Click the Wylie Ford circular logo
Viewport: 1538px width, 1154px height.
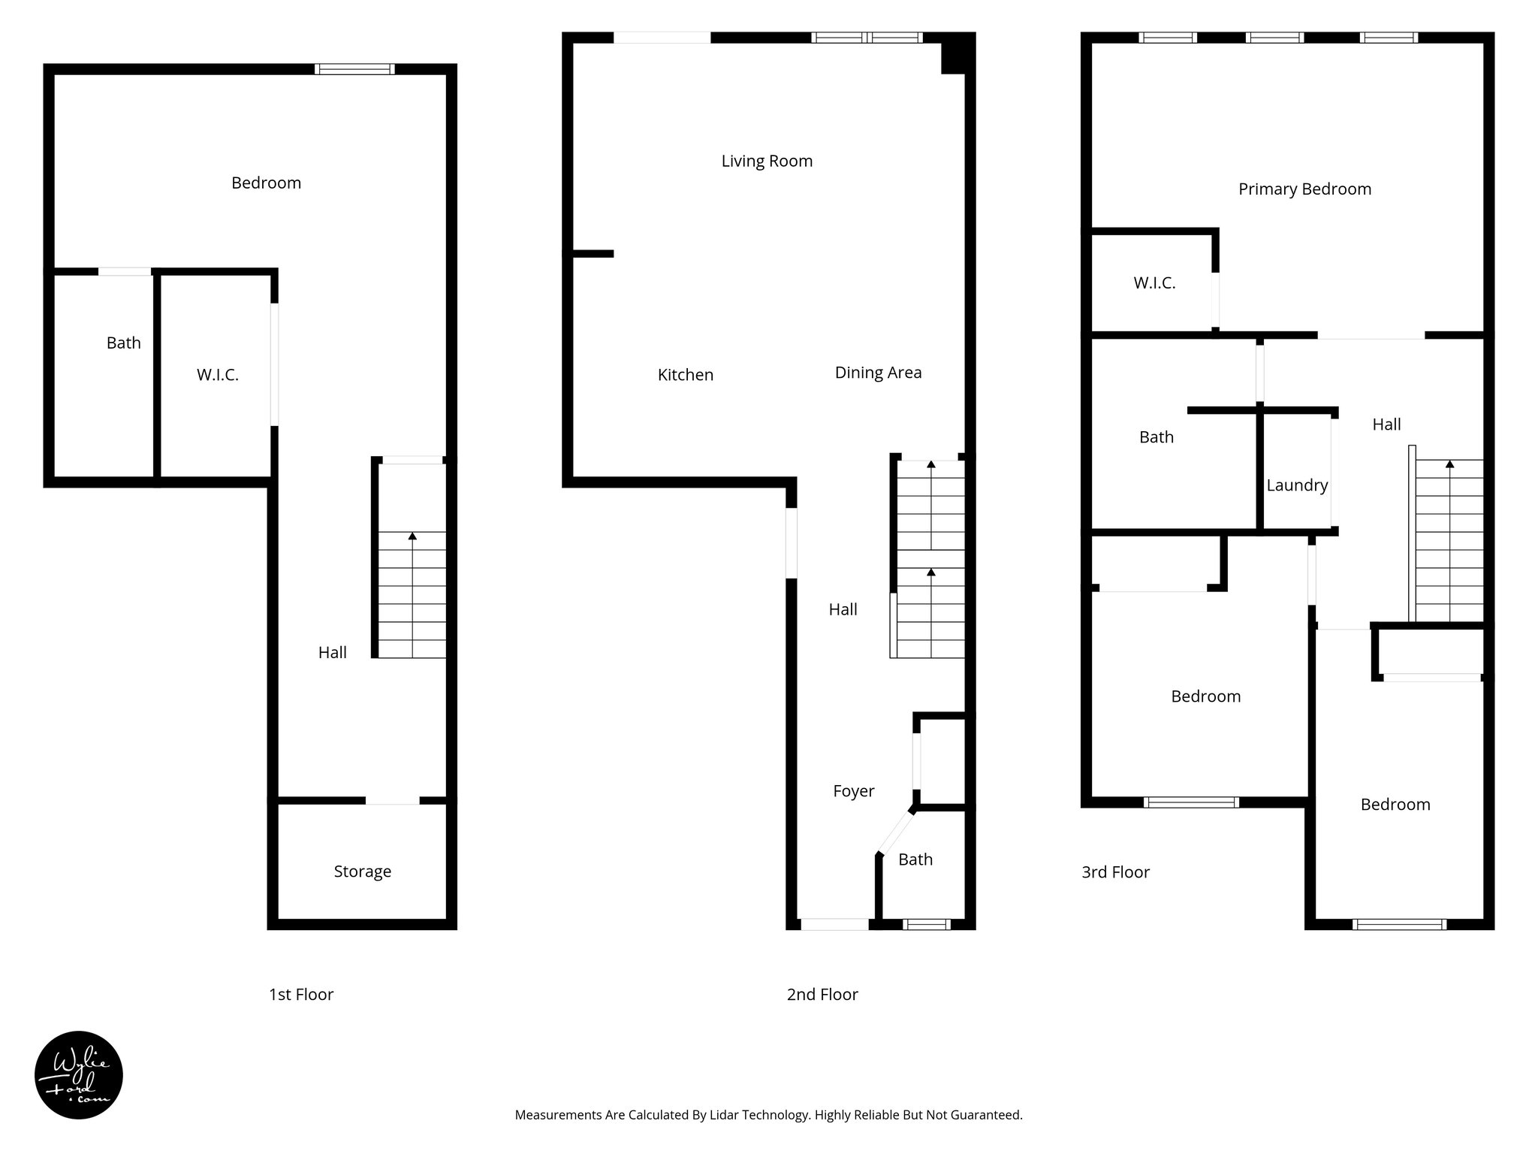(x=79, y=1074)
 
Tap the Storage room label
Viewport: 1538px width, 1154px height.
(x=363, y=872)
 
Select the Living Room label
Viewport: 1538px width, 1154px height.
(x=767, y=161)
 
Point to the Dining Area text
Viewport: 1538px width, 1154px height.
(x=878, y=373)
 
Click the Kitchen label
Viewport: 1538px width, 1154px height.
(x=685, y=375)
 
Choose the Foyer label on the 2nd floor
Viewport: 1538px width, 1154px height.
(x=854, y=791)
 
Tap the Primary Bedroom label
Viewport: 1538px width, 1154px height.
(x=1304, y=189)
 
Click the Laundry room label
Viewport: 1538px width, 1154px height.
(x=1297, y=485)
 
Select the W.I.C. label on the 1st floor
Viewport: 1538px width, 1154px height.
(x=218, y=375)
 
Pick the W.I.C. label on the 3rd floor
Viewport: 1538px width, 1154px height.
(x=1154, y=283)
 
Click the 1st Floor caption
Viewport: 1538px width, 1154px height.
(x=301, y=995)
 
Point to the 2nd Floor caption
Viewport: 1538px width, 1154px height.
(x=822, y=995)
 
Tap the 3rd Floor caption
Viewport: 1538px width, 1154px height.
(x=1115, y=872)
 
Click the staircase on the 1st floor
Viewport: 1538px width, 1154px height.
(x=412, y=594)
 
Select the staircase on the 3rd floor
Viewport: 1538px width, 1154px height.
(x=1449, y=541)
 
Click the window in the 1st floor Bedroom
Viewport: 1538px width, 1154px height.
(x=354, y=69)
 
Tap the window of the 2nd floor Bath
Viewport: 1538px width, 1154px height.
(x=926, y=925)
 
